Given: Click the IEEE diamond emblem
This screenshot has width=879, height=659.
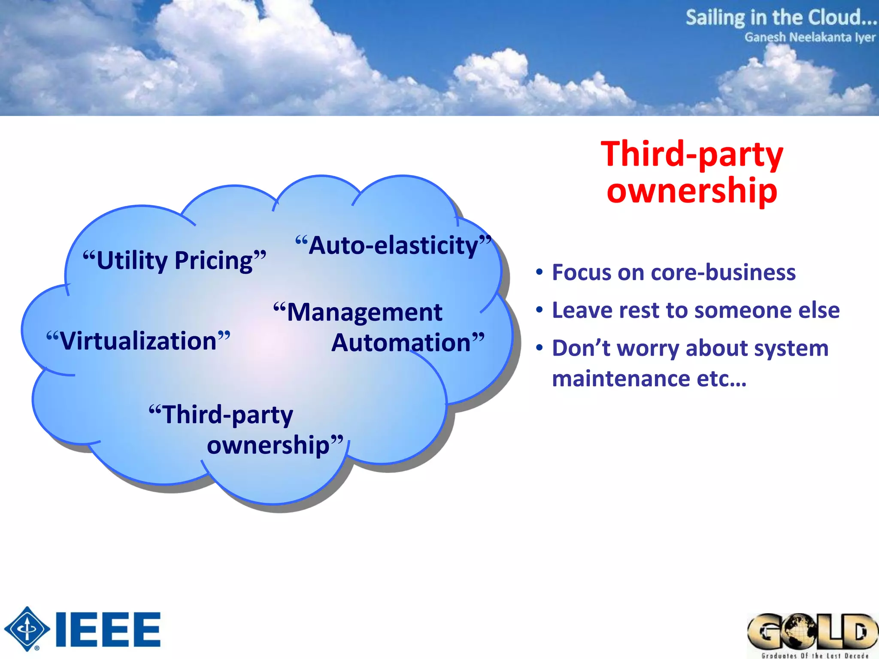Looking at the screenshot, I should pos(27,629).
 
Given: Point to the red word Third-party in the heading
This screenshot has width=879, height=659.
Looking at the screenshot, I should pos(692,154).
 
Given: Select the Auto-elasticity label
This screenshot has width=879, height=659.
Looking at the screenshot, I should pos(393,245).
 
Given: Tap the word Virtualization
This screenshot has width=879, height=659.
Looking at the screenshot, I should pos(138,341).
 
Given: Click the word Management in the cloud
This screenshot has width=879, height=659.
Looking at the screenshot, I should pos(364,312).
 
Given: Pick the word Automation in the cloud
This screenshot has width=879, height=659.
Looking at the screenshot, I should pos(402,343).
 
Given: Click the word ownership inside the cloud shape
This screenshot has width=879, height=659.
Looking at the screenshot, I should pos(268,445).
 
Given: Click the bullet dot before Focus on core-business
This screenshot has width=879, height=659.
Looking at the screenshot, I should pos(540,272).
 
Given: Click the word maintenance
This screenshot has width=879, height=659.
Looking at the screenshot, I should pos(621,379).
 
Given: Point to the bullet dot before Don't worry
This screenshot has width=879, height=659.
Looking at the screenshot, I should pos(540,348).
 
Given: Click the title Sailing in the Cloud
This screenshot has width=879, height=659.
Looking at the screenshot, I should pos(780,18).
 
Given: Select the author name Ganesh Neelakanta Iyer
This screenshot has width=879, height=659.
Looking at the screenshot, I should pos(809,37).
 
